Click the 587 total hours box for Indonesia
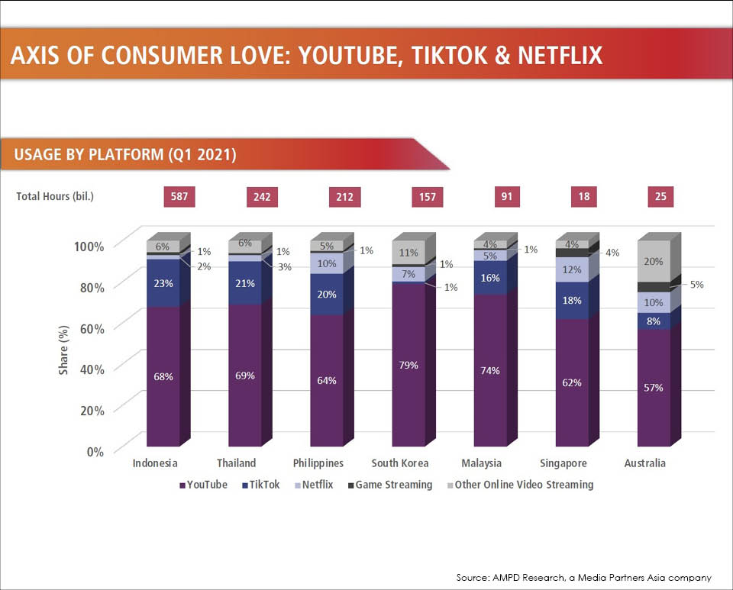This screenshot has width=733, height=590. pos(180,196)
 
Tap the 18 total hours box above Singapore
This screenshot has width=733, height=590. pos(583,196)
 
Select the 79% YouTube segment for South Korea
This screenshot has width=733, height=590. pos(408,365)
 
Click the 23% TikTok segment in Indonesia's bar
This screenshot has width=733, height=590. pos(163,282)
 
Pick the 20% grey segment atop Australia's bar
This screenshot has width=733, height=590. pos(654,262)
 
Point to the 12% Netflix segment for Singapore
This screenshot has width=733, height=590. pos(572,269)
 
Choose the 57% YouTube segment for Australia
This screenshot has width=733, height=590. pos(654,388)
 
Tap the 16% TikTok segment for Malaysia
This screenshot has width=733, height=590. pos(490,278)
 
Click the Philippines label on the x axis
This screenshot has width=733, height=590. pos(318,463)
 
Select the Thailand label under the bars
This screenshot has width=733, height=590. pos(237,463)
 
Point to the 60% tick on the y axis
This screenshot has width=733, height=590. pos(89,327)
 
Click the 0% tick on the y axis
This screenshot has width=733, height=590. pos(94,451)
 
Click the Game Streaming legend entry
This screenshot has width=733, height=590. pos(389,485)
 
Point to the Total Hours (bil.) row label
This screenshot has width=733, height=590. pos(55,196)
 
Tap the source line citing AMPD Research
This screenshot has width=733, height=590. pos(584,578)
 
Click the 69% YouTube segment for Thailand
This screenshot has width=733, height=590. pos(245,376)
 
